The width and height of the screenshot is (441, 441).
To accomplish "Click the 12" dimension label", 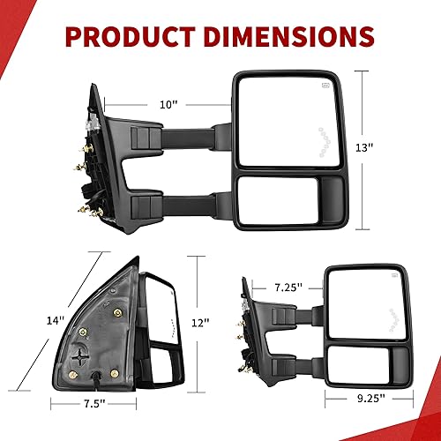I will click(202, 323).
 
